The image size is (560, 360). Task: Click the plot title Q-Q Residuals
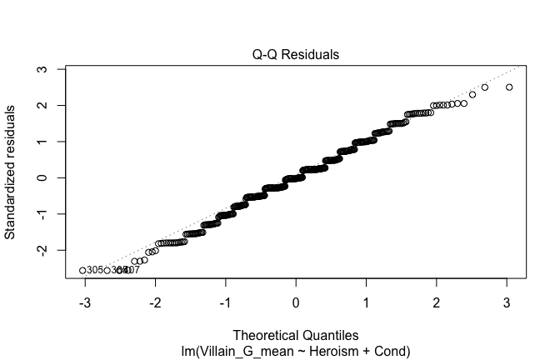296,55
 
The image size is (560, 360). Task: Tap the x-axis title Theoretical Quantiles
296,336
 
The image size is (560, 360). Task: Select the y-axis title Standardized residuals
11,172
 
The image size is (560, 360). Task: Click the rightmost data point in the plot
509,87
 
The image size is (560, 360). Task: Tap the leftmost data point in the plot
82,270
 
